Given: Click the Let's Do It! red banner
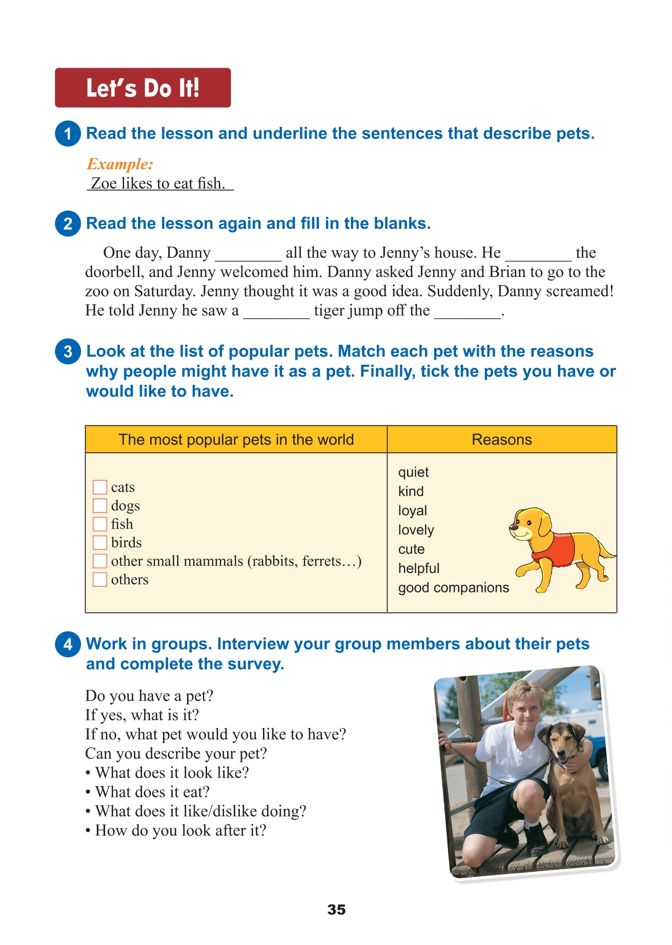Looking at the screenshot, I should pos(142,88).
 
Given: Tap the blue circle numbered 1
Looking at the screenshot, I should pos(68,133).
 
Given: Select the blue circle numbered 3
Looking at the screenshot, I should pos(68,351).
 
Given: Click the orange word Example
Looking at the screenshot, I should pos(120,164).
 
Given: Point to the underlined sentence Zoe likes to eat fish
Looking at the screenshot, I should pos(159,184).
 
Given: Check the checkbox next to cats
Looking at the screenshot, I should pos(100,487).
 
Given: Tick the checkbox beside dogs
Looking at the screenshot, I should pos(100,505).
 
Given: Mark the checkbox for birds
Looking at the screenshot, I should pos(100,542).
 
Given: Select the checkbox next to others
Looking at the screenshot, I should pos(100,579).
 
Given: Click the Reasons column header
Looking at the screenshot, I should pos(501,440).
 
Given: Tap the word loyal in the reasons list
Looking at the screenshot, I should pos(412,510).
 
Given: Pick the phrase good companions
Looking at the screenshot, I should pos(453,587).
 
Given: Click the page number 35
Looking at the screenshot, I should pos(336,910).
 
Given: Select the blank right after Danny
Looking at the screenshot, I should pos(248,253).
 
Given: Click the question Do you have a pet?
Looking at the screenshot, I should pos(149,696).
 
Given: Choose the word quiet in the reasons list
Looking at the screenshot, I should pos(413,472).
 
